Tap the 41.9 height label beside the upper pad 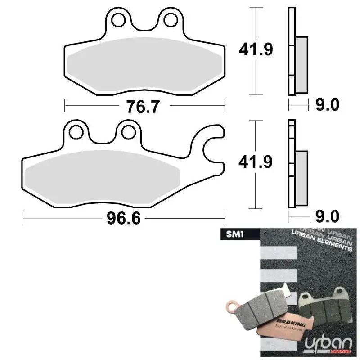[256, 49]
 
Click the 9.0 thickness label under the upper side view [326, 105]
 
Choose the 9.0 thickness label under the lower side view [326, 217]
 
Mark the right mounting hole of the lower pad [128, 132]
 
